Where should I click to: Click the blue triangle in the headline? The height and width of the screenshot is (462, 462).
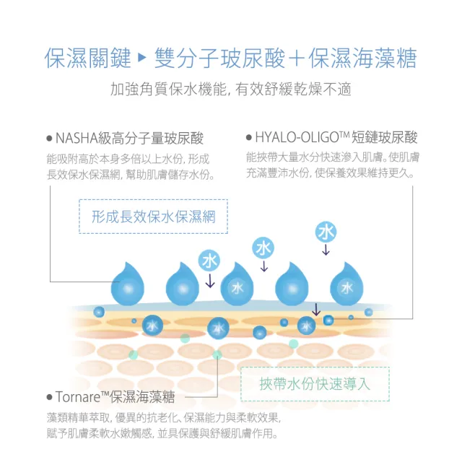pyautogui.click(x=142, y=58)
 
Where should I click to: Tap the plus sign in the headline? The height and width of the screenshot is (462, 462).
pyautogui.click(x=297, y=58)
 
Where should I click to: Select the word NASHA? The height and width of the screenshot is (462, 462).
pyautogui.click(x=77, y=139)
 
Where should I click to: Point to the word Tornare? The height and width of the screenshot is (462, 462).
pyautogui.click(x=78, y=397)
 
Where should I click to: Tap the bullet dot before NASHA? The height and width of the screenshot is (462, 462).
pyautogui.click(x=49, y=139)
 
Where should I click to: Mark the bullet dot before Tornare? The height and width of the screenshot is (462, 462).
pyautogui.click(x=49, y=397)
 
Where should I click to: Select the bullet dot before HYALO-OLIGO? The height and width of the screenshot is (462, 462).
pyautogui.click(x=249, y=138)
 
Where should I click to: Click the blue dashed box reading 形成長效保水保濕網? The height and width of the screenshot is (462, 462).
pyautogui.click(x=154, y=217)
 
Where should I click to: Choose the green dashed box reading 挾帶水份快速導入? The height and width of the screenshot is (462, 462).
pyautogui.click(x=315, y=384)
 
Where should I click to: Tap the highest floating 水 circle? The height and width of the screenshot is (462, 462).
pyautogui.click(x=326, y=232)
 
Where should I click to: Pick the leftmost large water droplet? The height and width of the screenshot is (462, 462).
pyautogui.click(x=127, y=284)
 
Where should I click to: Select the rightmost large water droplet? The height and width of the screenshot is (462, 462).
pyautogui.click(x=346, y=284)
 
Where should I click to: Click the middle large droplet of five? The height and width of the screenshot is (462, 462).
pyautogui.click(x=237, y=284)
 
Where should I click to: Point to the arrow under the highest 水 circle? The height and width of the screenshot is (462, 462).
pyautogui.click(x=326, y=250)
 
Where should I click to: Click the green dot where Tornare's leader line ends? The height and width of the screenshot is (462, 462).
pyautogui.click(x=217, y=354)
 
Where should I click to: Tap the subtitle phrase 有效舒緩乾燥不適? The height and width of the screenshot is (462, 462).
pyautogui.click(x=293, y=90)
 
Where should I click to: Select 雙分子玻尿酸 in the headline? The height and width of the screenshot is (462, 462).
pyautogui.click(x=219, y=58)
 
